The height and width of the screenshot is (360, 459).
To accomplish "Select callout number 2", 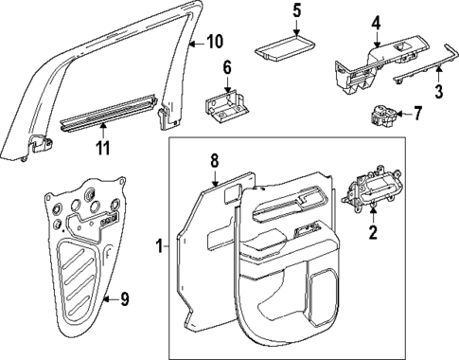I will pyautogui.click(x=372, y=231).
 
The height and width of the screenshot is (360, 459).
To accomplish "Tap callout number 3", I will pyautogui.click(x=438, y=91).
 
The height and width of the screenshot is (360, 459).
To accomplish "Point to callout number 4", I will pyautogui.click(x=376, y=22).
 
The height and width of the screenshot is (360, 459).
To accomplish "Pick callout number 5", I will pyautogui.click(x=295, y=11).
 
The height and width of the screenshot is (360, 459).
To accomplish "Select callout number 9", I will pyautogui.click(x=124, y=299).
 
